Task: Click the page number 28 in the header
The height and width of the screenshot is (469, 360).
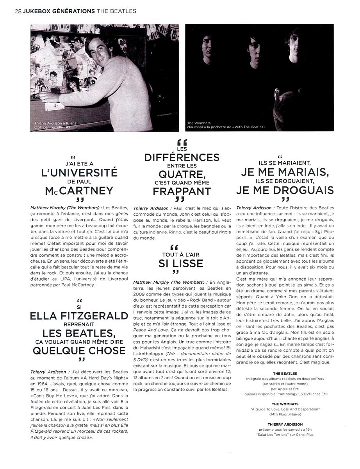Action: click(18, 11)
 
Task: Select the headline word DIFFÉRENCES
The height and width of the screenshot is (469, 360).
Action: click(182, 158)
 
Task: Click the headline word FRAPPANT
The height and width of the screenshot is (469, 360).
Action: click(182, 192)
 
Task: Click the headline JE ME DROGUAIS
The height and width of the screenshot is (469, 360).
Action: click(285, 190)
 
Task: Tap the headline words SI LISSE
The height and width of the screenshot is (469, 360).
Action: click(181, 264)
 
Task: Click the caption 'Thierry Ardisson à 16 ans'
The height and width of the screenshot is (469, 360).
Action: click(55, 124)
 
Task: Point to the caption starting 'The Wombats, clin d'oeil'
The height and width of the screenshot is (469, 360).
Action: click(226, 125)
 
